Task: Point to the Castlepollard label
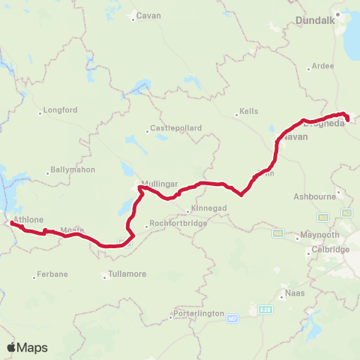(176, 128)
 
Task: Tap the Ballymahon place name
(70, 170)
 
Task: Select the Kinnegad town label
(204, 208)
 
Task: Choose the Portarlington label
(178, 313)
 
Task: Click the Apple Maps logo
(27, 347)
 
